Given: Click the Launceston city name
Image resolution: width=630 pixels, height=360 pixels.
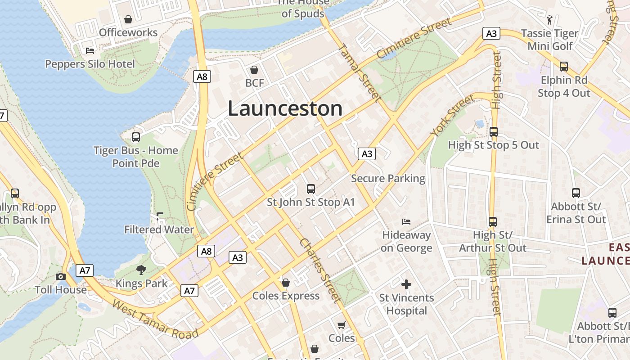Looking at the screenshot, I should point(285,109).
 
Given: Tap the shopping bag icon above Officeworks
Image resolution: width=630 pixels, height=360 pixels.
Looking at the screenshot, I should point(128,19).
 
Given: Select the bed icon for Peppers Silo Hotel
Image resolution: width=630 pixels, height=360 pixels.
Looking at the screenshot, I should point(90,50).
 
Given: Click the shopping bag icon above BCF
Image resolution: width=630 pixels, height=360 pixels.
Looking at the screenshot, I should point(254,70).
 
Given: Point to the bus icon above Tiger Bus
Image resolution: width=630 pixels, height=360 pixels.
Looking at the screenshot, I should point(135,137).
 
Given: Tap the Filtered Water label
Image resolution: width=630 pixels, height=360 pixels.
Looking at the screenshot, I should point(159,229).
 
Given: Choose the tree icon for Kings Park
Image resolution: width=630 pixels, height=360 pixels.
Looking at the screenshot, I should point(141,270).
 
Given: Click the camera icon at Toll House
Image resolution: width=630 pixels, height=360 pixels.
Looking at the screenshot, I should point(61,276).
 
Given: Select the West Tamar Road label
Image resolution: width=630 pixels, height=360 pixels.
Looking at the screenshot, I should point(155,319).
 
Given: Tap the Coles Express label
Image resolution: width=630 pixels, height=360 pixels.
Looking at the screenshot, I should point(286,296).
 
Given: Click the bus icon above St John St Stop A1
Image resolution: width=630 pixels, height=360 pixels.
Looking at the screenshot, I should point(310,189).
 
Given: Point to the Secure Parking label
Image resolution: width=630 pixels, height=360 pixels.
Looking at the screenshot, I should point(388,178).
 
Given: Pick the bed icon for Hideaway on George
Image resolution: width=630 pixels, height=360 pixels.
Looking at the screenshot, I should point(406,221).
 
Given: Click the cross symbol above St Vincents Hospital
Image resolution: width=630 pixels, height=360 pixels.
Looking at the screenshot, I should point(406,284).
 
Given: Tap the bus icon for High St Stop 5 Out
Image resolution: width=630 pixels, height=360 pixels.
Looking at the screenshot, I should point(494,132).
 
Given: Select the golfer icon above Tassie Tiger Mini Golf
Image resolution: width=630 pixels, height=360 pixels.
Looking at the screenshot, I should point(549,19).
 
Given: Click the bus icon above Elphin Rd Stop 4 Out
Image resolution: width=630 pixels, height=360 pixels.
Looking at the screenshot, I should point(563,67).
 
